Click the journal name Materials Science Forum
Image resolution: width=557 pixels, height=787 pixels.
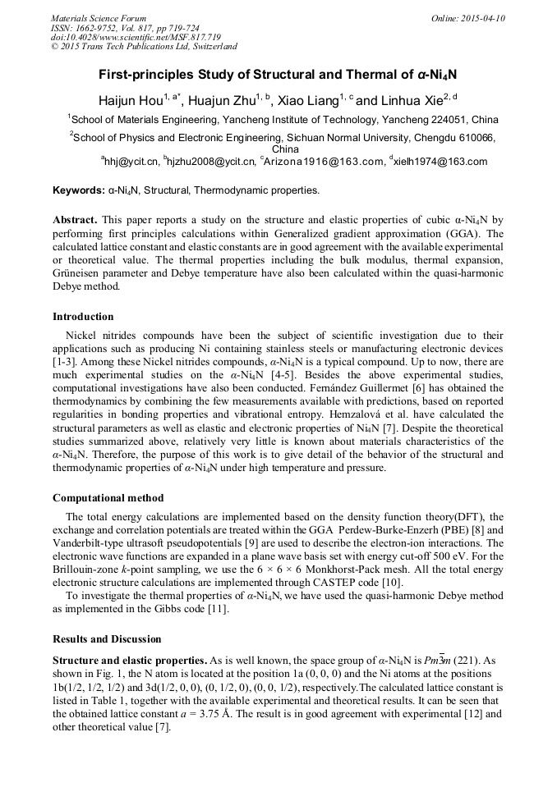[x=99, y=18]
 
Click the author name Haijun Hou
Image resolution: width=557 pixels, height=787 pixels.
[x=130, y=102]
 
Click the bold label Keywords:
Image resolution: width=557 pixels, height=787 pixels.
[x=78, y=190]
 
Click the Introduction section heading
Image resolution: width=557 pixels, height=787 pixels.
[x=83, y=316]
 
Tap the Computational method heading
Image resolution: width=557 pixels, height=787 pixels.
[x=108, y=497]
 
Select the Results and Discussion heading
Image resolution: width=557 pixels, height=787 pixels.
[x=107, y=638]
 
